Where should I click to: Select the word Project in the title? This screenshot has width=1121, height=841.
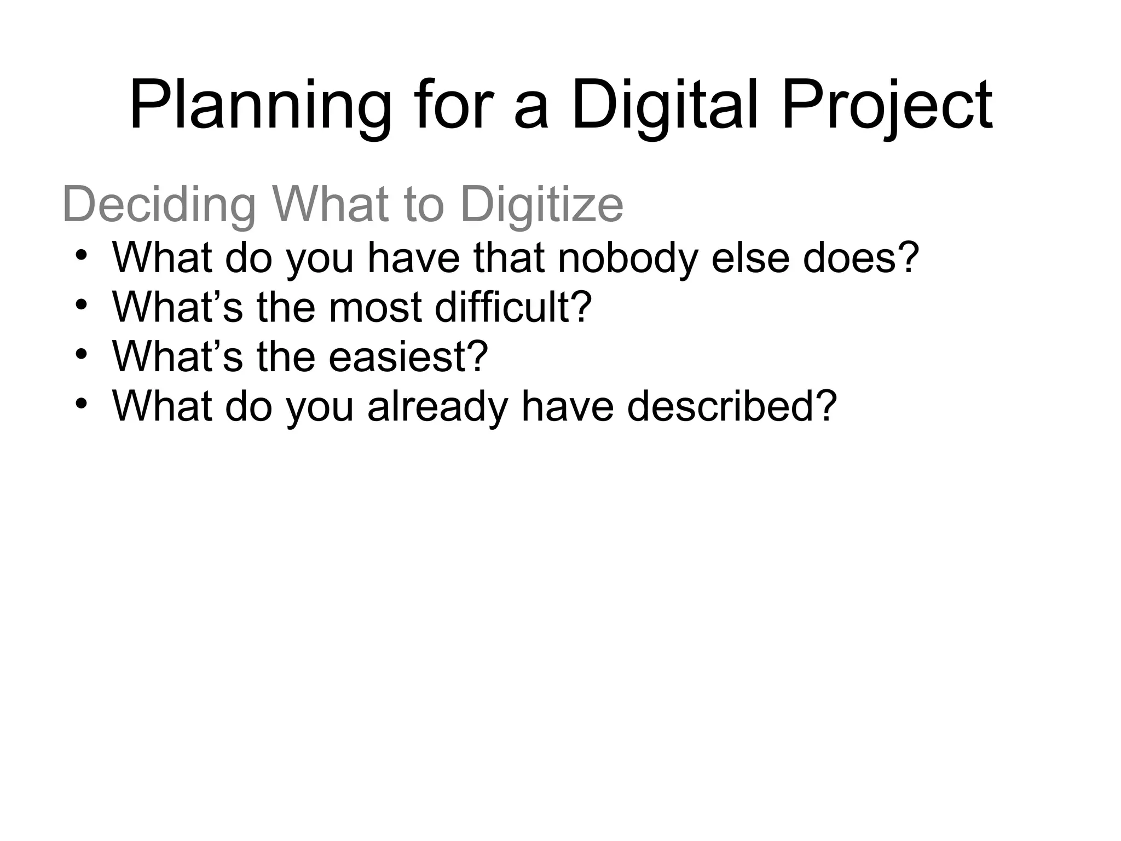(x=887, y=107)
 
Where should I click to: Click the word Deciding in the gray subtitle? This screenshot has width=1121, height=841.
(x=159, y=205)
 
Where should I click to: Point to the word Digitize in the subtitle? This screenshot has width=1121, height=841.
(x=542, y=205)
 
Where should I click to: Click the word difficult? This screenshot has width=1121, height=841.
(x=513, y=307)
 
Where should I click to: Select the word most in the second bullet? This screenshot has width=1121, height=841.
(x=375, y=307)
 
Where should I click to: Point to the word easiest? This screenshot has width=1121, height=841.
(x=408, y=356)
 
